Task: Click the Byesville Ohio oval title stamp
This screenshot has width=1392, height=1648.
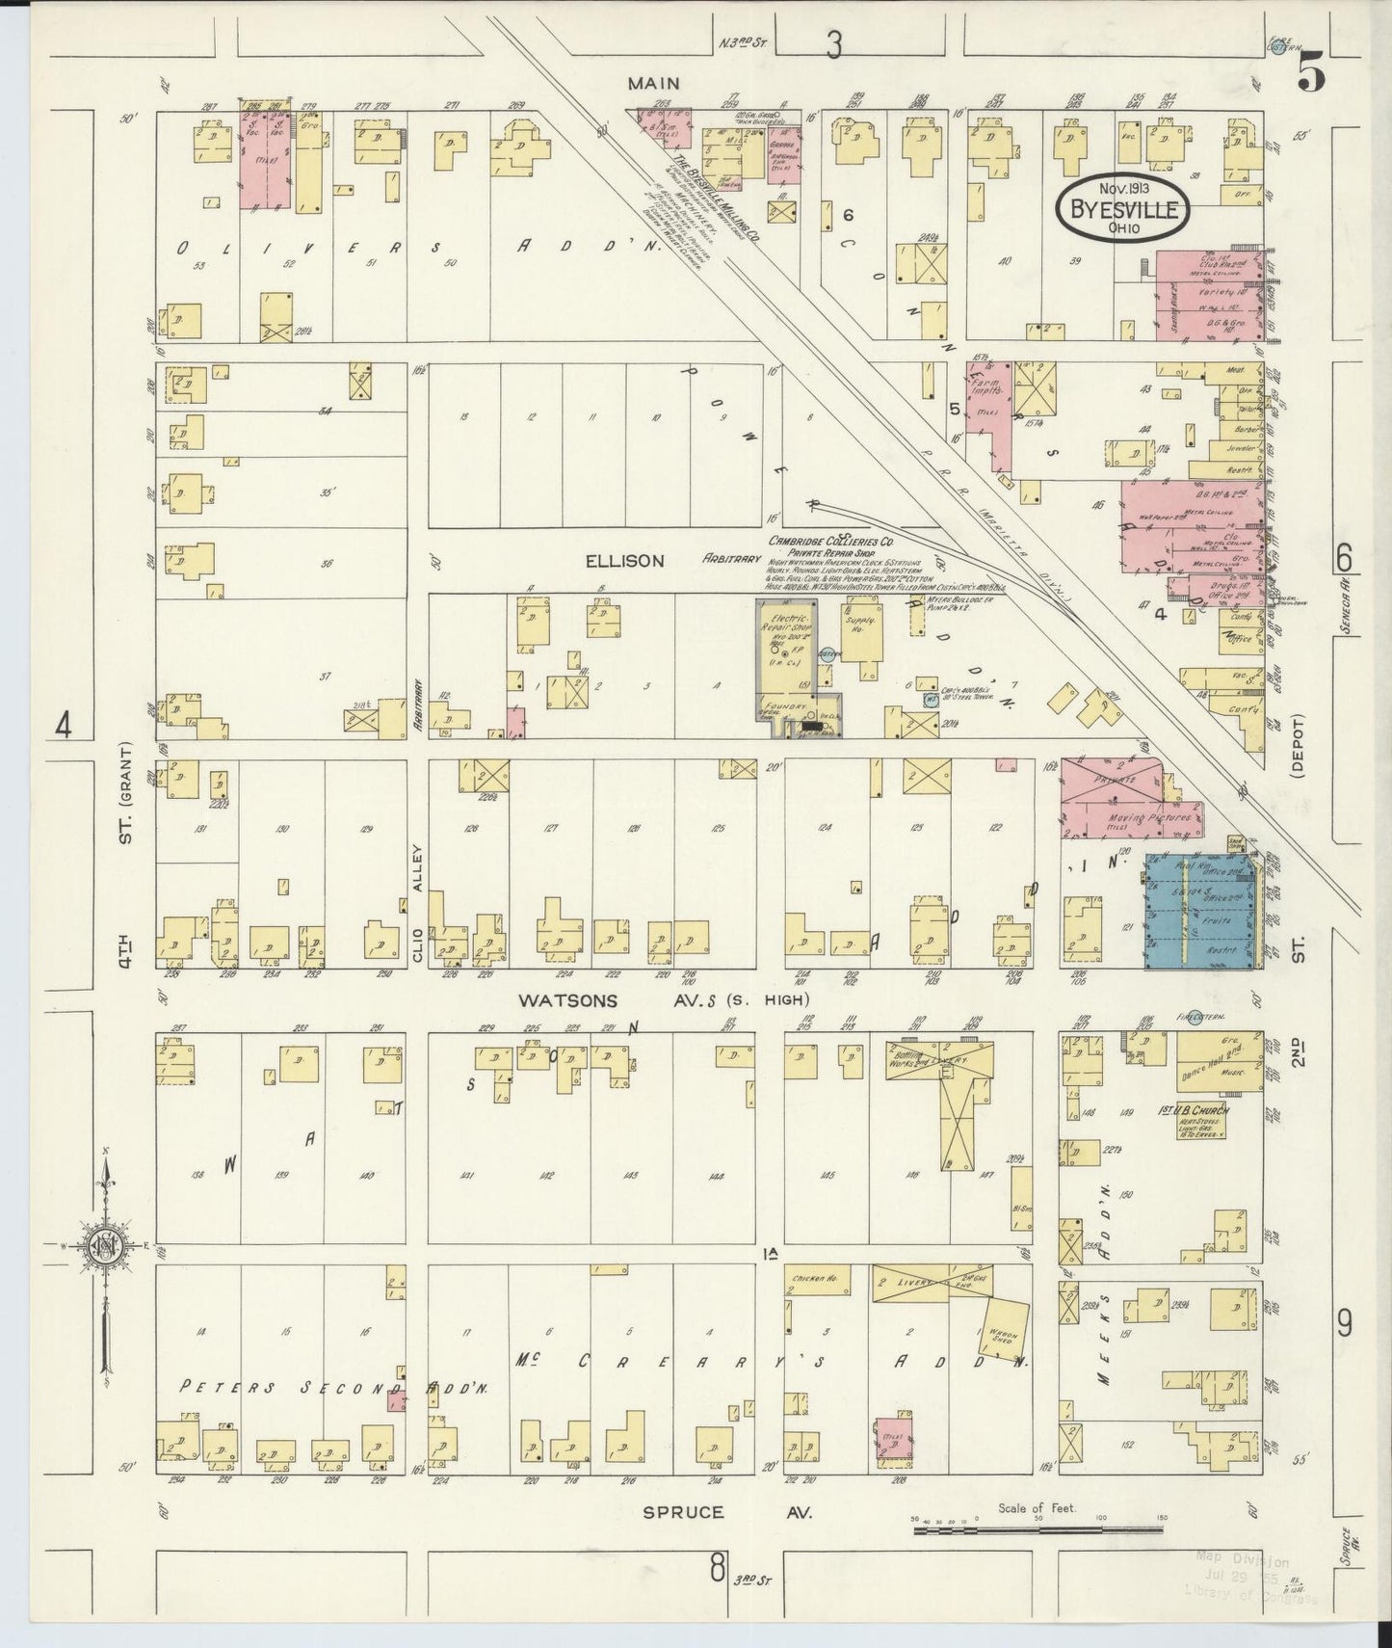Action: coord(1122,204)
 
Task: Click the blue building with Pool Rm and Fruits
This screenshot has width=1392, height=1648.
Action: coord(1201,912)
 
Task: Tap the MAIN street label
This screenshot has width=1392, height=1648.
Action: coord(654,85)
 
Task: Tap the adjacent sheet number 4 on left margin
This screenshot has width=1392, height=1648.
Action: coord(64,724)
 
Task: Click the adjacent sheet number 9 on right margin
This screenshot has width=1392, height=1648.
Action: coord(1345,1325)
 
